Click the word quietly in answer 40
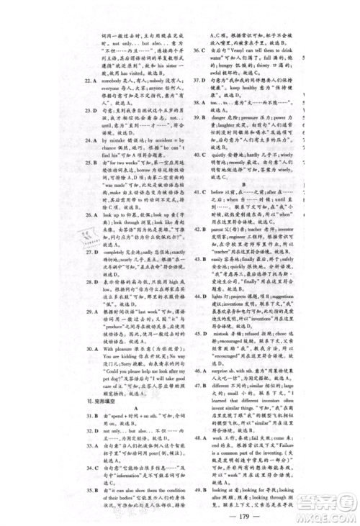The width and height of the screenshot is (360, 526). pos(217,152)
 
